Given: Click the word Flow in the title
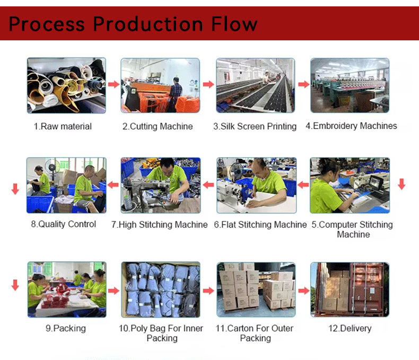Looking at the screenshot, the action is click(x=234, y=24).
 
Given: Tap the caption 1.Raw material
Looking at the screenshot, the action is click(x=63, y=126).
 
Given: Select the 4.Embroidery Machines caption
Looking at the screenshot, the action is click(x=351, y=126).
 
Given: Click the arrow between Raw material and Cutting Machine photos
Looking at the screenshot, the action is click(x=114, y=84).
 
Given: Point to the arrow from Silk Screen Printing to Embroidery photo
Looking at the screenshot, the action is click(x=304, y=84).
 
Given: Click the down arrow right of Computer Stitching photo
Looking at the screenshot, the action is click(x=401, y=184).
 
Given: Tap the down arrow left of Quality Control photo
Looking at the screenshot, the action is click(x=15, y=189).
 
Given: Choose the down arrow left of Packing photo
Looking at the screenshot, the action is click(x=15, y=285).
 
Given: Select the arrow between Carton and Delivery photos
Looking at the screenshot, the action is click(x=304, y=290).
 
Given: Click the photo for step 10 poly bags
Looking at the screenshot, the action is click(x=161, y=290).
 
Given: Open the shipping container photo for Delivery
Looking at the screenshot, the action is click(x=350, y=290).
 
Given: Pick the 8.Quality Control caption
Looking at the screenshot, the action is click(x=63, y=224).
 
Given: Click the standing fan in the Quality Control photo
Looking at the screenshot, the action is click(x=53, y=171).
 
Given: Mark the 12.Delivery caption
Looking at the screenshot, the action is click(x=350, y=329).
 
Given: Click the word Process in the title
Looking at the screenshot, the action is click(x=47, y=24).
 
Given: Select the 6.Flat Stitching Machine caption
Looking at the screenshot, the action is click(x=260, y=225).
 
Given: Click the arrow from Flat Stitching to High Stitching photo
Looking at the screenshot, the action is click(x=208, y=185).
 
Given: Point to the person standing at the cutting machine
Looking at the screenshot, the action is click(x=175, y=94).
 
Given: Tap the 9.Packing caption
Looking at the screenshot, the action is click(x=66, y=329).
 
